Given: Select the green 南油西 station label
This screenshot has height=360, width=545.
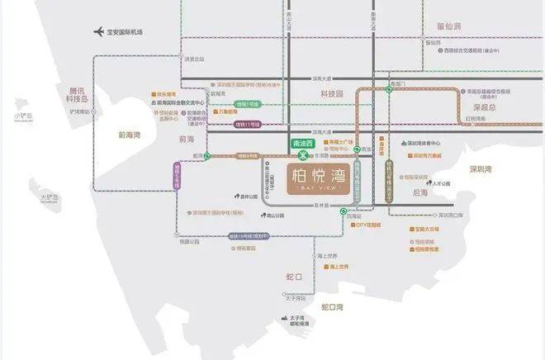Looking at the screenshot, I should coord(303,143).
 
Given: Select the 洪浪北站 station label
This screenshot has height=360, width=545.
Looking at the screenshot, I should coord(193,59).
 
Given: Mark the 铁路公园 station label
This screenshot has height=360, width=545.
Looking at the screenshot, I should coord(189,242).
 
